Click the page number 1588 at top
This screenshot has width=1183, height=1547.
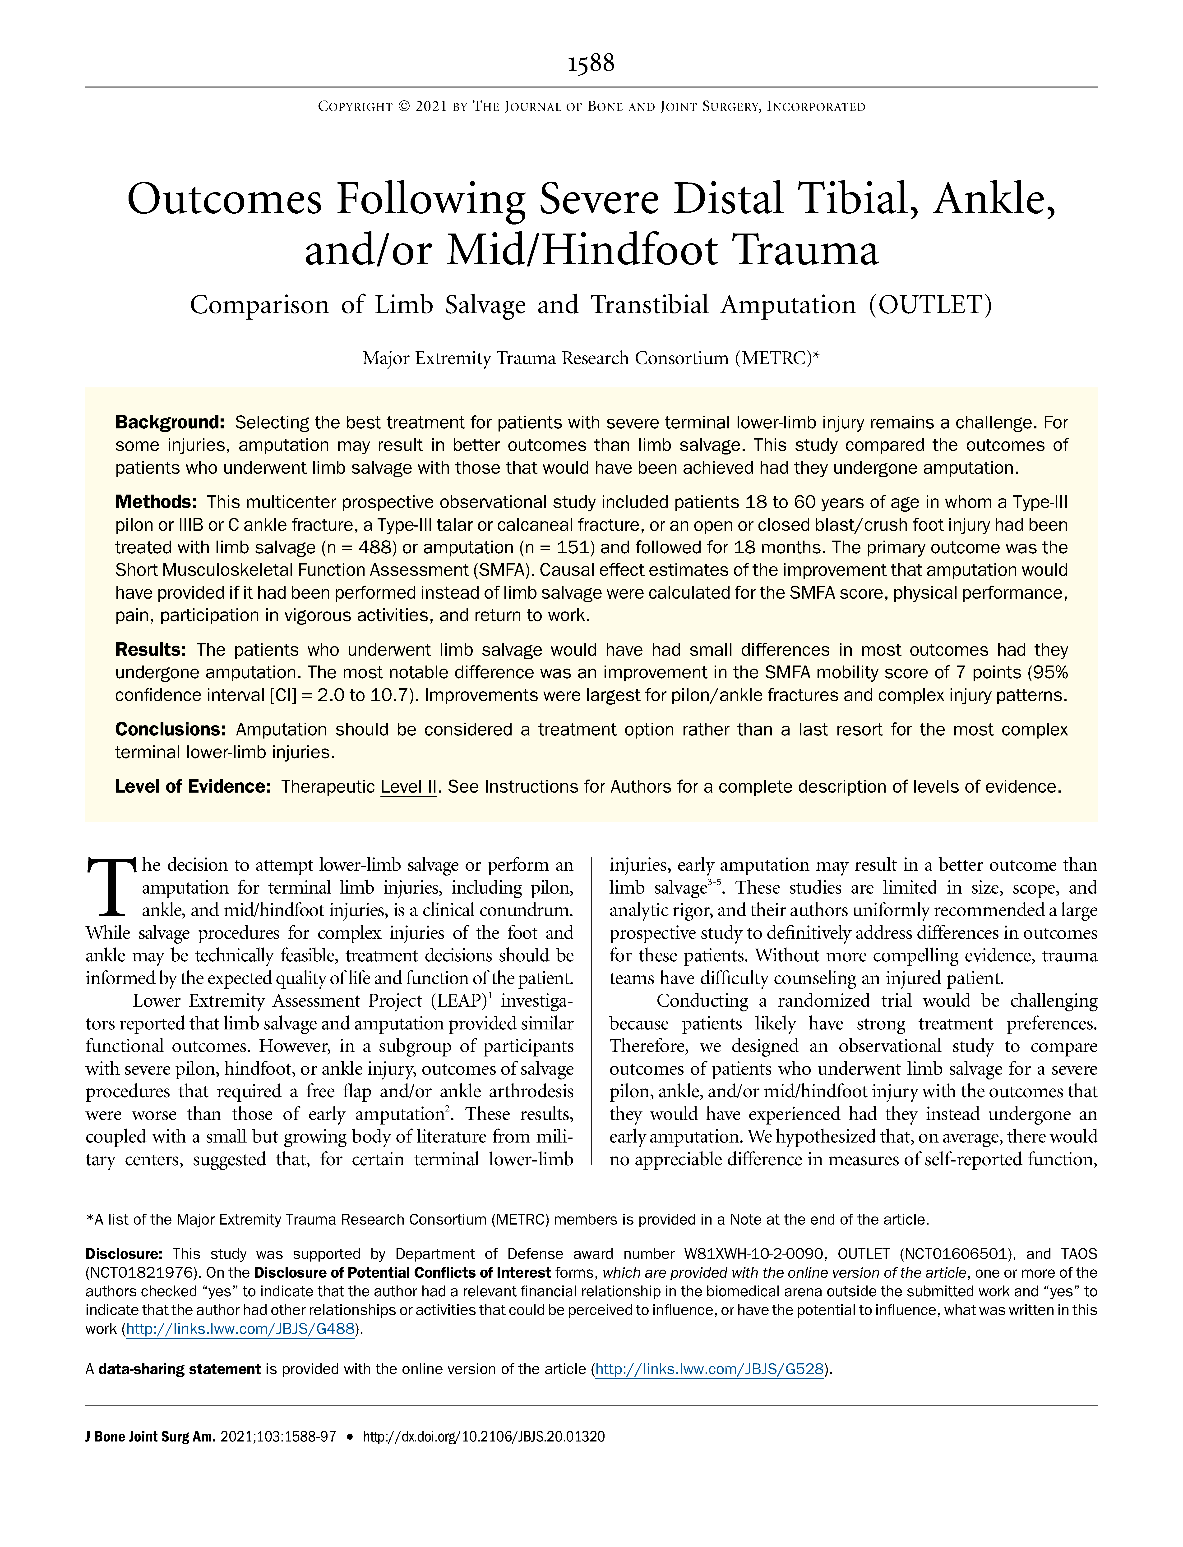pyautogui.click(x=591, y=64)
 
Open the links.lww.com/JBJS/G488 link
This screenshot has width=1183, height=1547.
pyautogui.click(x=239, y=1330)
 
